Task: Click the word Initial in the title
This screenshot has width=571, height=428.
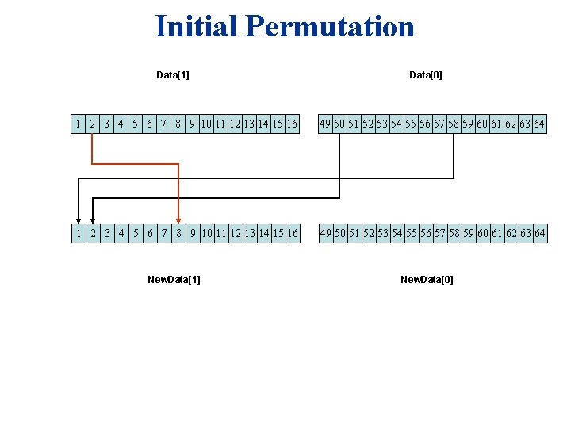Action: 197,27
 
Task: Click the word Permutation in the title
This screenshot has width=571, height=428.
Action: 330,27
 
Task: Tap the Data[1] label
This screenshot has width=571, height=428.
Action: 172,75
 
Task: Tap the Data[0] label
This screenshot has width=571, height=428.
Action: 426,75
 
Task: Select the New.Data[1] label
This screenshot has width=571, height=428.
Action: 174,279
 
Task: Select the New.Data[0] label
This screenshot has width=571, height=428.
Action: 427,279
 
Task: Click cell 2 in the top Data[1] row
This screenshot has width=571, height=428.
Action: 93,124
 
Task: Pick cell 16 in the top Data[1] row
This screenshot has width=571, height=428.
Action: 293,124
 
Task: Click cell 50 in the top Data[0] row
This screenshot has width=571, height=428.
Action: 339,124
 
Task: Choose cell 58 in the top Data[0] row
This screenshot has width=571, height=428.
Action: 454,124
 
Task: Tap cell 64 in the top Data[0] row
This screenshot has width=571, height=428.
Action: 539,124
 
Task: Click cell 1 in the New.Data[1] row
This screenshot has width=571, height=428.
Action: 79,233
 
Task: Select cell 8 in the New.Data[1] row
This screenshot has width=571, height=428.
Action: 178,233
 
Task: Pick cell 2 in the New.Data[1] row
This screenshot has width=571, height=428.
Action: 93,233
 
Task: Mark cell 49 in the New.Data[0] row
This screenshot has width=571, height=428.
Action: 325,233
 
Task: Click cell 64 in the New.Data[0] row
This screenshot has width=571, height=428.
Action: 539,233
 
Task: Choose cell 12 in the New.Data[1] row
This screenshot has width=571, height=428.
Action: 236,233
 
